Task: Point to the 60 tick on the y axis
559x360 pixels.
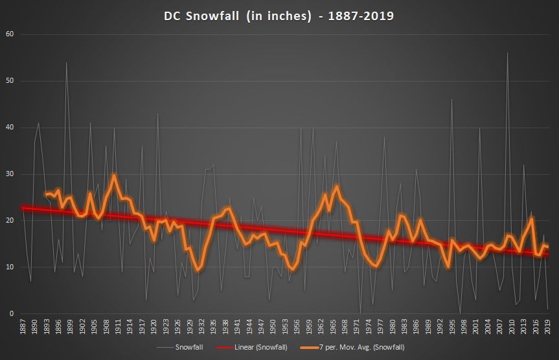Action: [9, 34]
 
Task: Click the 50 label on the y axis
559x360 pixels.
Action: [9, 81]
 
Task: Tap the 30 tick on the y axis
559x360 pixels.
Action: [9, 174]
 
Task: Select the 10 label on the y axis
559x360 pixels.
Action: [9, 267]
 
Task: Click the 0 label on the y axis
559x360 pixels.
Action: [11, 314]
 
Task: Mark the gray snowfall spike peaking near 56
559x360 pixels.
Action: [507, 53]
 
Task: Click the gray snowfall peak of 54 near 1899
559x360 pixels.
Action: [66, 63]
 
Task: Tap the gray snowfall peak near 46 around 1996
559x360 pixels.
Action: [451, 100]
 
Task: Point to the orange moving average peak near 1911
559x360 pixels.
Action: [114, 175]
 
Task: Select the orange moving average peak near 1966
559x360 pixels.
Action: [337, 186]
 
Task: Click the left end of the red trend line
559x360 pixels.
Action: [23, 208]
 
